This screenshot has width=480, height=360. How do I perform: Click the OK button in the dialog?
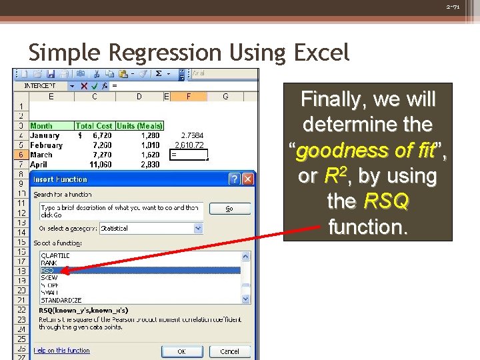click(x=181, y=351)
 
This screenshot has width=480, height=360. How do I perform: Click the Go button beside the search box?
click(x=229, y=209)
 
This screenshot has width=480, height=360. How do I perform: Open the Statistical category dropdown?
click(x=198, y=228)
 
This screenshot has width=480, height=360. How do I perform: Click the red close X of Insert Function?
click(x=247, y=179)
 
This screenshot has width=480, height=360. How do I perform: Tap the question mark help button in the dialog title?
click(x=234, y=179)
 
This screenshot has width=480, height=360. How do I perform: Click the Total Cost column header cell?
click(x=94, y=125)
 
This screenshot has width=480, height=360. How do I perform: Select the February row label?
click(x=47, y=145)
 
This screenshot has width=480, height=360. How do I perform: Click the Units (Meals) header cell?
click(x=139, y=125)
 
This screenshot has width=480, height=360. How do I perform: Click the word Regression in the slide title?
click(x=151, y=52)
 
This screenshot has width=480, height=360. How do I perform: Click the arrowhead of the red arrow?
click(x=65, y=270)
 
